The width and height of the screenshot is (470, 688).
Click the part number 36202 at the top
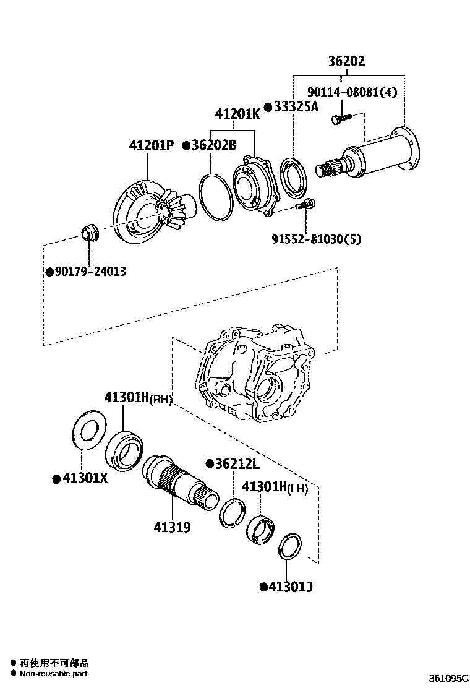[346, 61]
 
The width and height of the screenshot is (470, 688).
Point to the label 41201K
[237, 114]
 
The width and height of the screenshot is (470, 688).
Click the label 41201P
[151, 146]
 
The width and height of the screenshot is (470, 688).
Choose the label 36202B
[214, 146]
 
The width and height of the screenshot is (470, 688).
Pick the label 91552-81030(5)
[315, 238]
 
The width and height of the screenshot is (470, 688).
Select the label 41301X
[83, 478]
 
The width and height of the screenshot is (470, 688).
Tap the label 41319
[172, 527]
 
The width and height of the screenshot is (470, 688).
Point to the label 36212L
[237, 463]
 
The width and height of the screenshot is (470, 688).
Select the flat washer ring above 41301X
[88, 429]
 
